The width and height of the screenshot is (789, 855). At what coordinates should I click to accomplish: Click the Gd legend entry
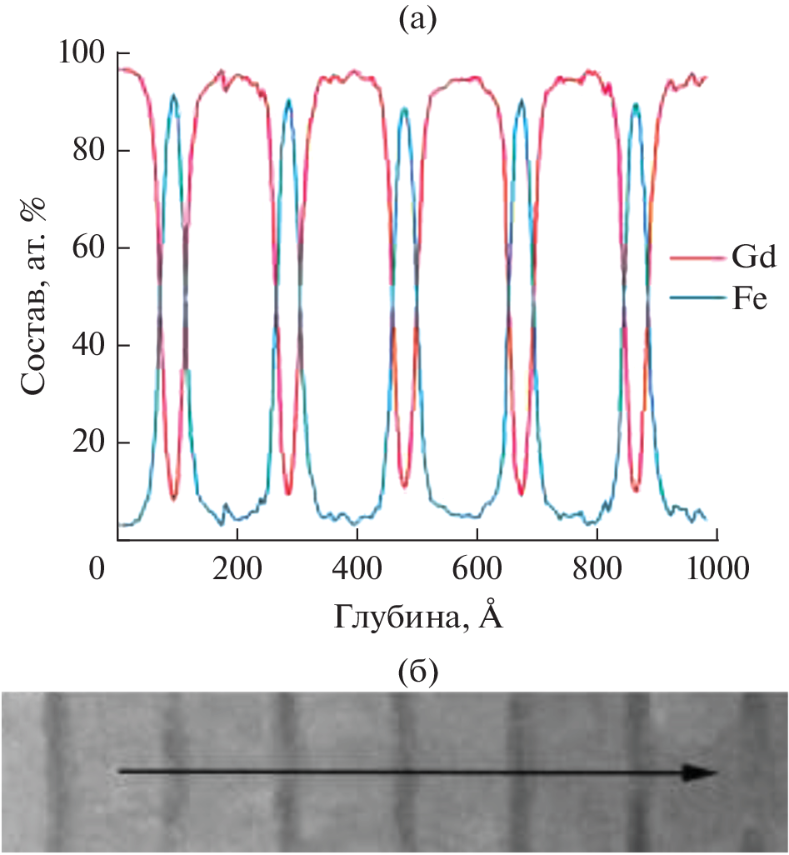(722, 259)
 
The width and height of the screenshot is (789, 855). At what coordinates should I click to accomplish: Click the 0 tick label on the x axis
(98, 571)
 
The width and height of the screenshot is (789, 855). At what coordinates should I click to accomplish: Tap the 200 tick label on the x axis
(237, 571)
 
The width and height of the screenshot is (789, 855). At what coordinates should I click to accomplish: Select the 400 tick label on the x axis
(357, 571)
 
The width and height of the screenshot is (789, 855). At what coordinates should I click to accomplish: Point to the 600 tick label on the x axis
(477, 571)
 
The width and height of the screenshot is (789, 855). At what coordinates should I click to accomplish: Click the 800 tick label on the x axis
(597, 571)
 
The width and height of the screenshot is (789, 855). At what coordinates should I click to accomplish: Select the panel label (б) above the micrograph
(417, 669)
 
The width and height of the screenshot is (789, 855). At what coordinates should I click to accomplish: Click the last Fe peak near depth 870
(636, 104)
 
